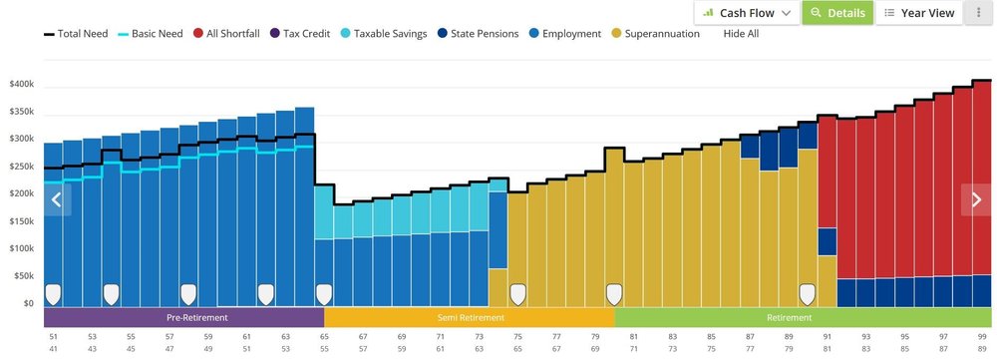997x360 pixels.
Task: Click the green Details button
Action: [x=836, y=13]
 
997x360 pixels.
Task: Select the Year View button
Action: [x=919, y=13]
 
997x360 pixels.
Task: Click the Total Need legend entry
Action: [x=76, y=34]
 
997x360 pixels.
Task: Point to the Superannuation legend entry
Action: [x=655, y=34]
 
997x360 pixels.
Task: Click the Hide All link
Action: [x=741, y=34]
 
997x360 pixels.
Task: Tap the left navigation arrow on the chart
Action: [x=57, y=199]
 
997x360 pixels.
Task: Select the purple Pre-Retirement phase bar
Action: [x=183, y=317]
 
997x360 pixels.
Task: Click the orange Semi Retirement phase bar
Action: [x=469, y=317]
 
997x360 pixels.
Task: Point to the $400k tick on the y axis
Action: [x=22, y=85]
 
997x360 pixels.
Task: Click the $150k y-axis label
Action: [x=22, y=221]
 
